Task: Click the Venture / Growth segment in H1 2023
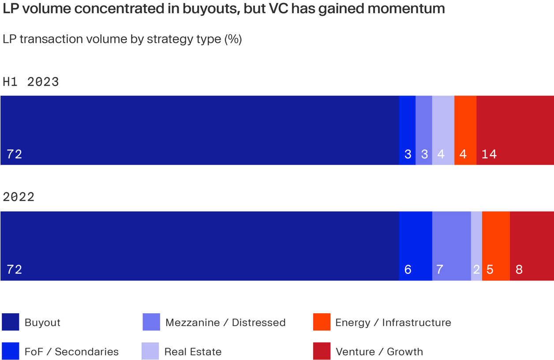(x=515, y=130)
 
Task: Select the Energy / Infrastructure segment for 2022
(x=496, y=246)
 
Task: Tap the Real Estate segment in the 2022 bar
(x=476, y=246)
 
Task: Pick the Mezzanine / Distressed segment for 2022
(x=451, y=246)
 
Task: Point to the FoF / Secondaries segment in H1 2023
(x=407, y=130)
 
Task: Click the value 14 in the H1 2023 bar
(x=489, y=154)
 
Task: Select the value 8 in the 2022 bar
(x=519, y=270)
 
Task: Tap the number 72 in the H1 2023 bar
(x=15, y=154)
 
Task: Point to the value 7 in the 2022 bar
(x=440, y=270)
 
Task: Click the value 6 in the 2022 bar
(x=408, y=270)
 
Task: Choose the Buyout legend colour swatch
(x=11, y=322)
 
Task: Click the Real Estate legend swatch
(x=150, y=351)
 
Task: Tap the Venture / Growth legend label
(x=379, y=352)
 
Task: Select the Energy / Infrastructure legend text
(x=393, y=322)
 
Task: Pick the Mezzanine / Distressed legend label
(x=225, y=322)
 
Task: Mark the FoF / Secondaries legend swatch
(x=11, y=351)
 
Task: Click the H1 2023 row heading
(x=31, y=82)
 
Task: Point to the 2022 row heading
(x=19, y=197)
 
